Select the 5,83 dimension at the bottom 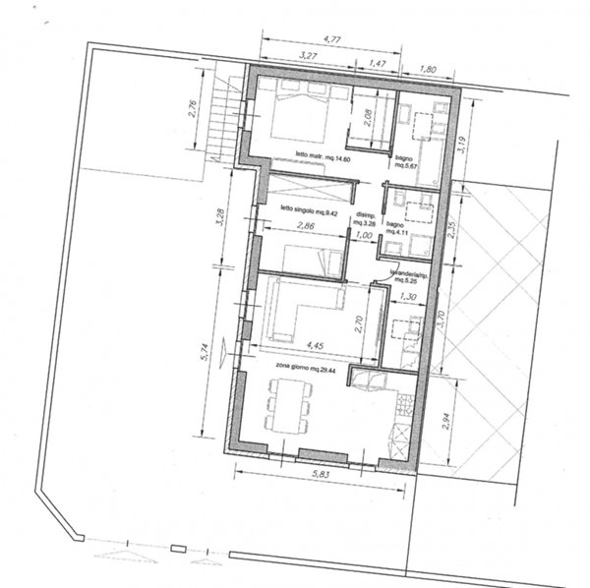pyautogui.click(x=320, y=474)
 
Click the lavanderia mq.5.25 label pyautogui.click(x=406, y=274)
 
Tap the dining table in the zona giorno pyautogui.click(x=287, y=407)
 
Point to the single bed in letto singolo pyautogui.click(x=311, y=258)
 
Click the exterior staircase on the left pyautogui.click(x=223, y=122)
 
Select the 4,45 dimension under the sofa pyautogui.click(x=316, y=346)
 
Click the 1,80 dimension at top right pyautogui.click(x=427, y=71)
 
